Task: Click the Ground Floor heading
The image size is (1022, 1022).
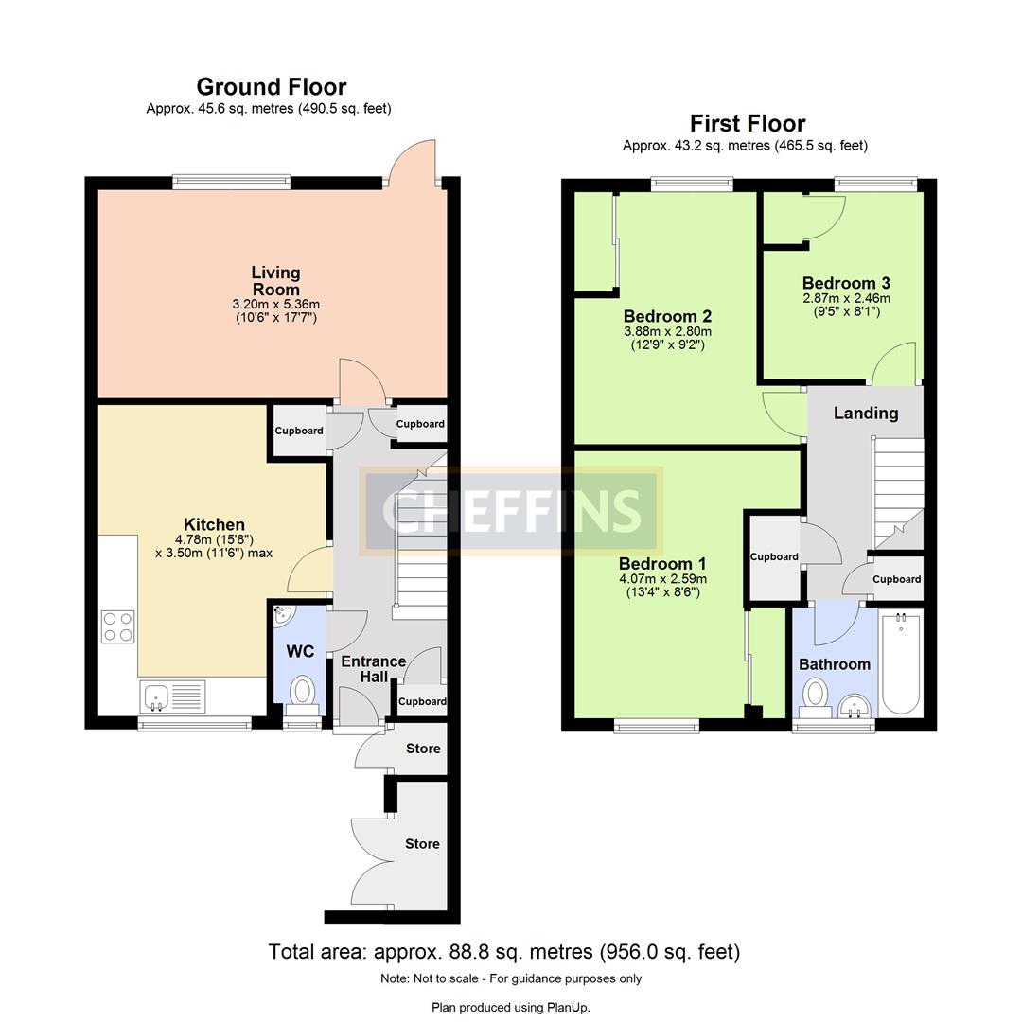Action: (x=271, y=87)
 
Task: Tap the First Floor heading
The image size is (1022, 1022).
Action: (x=747, y=123)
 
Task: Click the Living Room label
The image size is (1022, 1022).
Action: (x=275, y=281)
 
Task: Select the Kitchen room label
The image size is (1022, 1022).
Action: (x=214, y=524)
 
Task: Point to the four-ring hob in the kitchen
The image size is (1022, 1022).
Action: (x=117, y=626)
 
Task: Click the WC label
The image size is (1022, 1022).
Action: (x=300, y=651)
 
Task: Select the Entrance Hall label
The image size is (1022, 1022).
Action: (x=373, y=668)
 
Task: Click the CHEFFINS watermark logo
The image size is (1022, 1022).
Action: (x=511, y=511)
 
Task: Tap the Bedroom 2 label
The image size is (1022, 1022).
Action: (x=667, y=316)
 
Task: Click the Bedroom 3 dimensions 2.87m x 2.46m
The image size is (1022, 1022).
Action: (x=845, y=297)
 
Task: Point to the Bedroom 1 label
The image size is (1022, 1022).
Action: (x=662, y=562)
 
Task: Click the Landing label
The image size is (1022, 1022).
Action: (x=865, y=413)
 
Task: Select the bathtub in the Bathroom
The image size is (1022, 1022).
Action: (x=900, y=662)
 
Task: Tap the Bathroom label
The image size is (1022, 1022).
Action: (x=834, y=664)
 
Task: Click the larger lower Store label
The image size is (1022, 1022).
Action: (x=422, y=843)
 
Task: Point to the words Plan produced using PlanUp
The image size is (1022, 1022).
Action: (x=511, y=1007)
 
